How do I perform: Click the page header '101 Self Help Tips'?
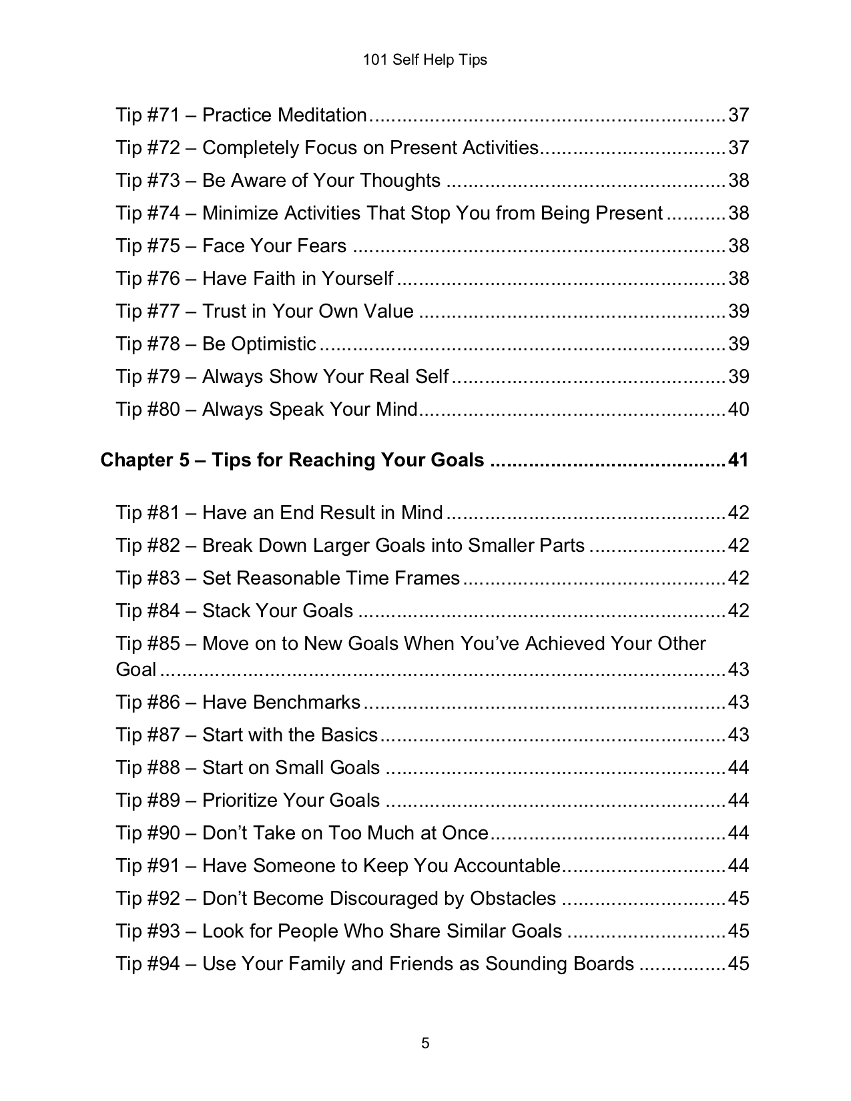(x=424, y=60)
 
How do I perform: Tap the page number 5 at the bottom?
(x=425, y=1043)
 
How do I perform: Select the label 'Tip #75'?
(x=148, y=246)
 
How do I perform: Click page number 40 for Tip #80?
(x=738, y=410)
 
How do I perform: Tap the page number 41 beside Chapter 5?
(x=738, y=460)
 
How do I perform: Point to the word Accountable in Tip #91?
(x=507, y=866)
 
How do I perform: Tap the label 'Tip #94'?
(x=148, y=964)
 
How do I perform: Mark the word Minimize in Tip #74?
(x=240, y=214)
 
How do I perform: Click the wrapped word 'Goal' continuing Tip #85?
(x=135, y=670)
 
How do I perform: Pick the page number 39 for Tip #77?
(x=738, y=312)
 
